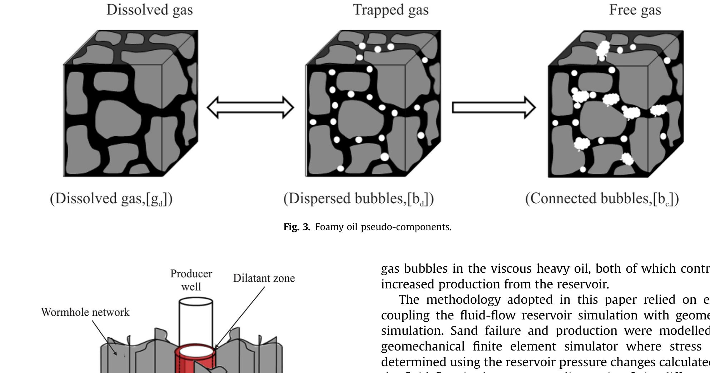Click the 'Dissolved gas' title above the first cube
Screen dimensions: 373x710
point(149,10)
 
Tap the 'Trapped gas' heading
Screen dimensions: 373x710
point(391,10)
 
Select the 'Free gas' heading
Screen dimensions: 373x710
point(635,10)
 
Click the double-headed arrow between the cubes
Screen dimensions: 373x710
point(250,107)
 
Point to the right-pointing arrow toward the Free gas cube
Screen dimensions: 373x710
point(494,107)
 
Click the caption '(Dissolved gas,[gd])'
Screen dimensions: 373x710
point(111,199)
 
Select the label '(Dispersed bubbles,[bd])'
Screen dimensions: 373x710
point(358,199)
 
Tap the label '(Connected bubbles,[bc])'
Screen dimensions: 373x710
point(602,199)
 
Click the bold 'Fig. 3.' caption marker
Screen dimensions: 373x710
point(297,227)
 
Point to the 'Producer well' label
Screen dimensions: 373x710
point(191,280)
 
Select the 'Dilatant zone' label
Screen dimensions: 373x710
point(264,278)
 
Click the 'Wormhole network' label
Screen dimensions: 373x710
point(85,312)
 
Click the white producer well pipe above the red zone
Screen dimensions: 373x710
point(195,321)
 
